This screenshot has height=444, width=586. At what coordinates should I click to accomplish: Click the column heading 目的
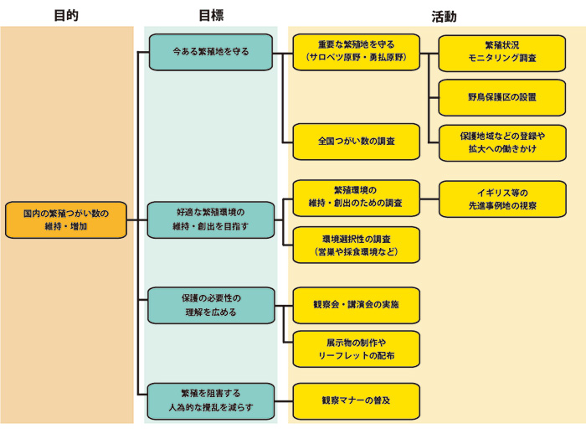click(65, 15)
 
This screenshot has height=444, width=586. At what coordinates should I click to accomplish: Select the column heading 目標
click(210, 15)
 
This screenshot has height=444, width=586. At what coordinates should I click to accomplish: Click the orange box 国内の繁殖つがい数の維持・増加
click(66, 219)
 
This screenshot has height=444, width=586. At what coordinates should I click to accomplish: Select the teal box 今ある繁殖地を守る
click(211, 52)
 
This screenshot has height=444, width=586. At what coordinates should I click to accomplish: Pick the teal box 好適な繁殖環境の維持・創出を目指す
click(211, 219)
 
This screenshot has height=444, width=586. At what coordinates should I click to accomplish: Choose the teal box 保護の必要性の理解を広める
click(211, 305)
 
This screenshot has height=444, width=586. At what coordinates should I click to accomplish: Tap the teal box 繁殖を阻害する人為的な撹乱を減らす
click(211, 400)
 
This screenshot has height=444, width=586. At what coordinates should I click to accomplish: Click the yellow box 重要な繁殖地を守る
click(356, 52)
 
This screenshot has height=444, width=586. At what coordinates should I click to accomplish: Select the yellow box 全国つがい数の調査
click(356, 141)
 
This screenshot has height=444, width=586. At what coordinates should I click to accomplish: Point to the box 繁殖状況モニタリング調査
click(502, 52)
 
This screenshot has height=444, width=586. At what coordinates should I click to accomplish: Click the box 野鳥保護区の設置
click(502, 97)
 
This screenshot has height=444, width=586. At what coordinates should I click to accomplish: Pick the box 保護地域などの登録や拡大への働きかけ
click(502, 142)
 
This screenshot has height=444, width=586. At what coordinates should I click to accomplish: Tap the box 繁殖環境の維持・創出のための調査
click(356, 198)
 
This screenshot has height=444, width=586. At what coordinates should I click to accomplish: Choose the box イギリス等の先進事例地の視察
click(502, 199)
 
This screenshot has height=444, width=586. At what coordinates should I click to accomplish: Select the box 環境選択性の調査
click(356, 245)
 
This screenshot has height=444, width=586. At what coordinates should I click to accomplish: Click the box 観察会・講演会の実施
click(356, 305)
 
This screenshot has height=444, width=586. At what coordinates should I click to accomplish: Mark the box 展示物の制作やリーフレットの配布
click(356, 348)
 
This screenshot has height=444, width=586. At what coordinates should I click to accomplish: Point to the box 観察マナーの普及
click(356, 400)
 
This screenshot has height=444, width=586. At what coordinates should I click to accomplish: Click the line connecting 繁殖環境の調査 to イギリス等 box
click(429, 199)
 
